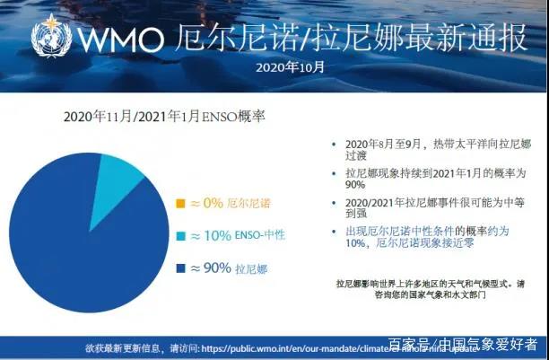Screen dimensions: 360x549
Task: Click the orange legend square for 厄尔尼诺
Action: (x=179, y=204)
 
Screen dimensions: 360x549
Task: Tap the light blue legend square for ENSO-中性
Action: (x=179, y=235)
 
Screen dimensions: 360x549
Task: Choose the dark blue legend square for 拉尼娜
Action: (x=179, y=268)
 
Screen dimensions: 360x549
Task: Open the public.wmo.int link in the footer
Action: (x=296, y=347)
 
